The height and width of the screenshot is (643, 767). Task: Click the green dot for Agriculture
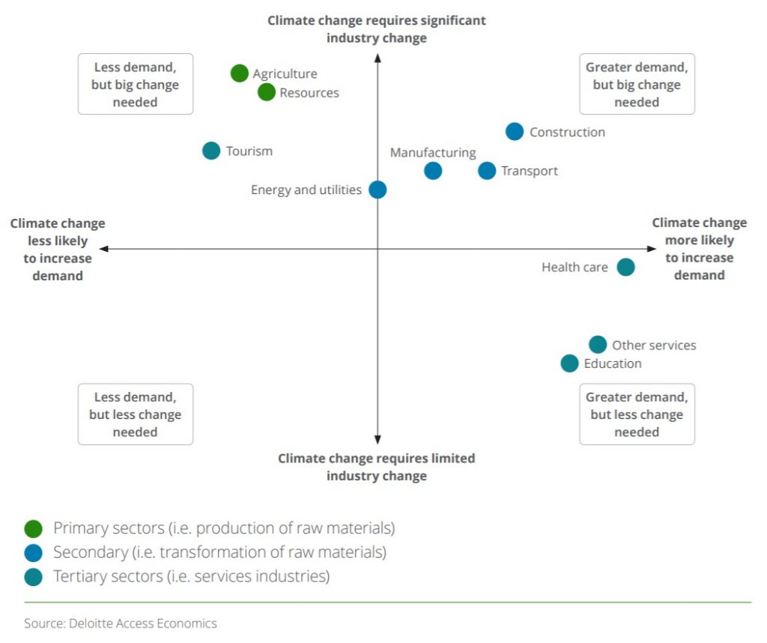point(240,73)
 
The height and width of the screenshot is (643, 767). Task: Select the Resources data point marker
point(267,92)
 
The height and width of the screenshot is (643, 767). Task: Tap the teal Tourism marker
point(211,151)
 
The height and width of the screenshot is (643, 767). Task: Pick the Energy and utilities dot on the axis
point(378,190)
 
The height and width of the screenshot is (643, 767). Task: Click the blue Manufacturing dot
point(433,171)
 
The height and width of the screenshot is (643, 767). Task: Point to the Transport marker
point(487,171)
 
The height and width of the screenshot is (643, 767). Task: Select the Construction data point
point(514,132)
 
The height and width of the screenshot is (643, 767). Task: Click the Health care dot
point(625,267)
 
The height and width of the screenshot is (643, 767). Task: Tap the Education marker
point(569,363)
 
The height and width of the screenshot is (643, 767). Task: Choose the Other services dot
point(597,345)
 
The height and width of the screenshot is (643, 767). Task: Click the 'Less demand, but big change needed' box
point(136,84)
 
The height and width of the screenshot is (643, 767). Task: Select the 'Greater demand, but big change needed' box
point(637,84)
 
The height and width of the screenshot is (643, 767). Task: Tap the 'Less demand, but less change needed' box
point(136,414)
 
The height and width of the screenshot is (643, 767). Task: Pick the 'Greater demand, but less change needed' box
point(637,414)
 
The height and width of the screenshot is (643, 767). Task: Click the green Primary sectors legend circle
point(33,528)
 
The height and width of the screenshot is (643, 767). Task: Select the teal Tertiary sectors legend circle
point(33,576)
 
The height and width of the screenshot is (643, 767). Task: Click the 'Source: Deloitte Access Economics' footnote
point(121,624)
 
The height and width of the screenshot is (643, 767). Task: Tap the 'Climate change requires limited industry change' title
point(377,467)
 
